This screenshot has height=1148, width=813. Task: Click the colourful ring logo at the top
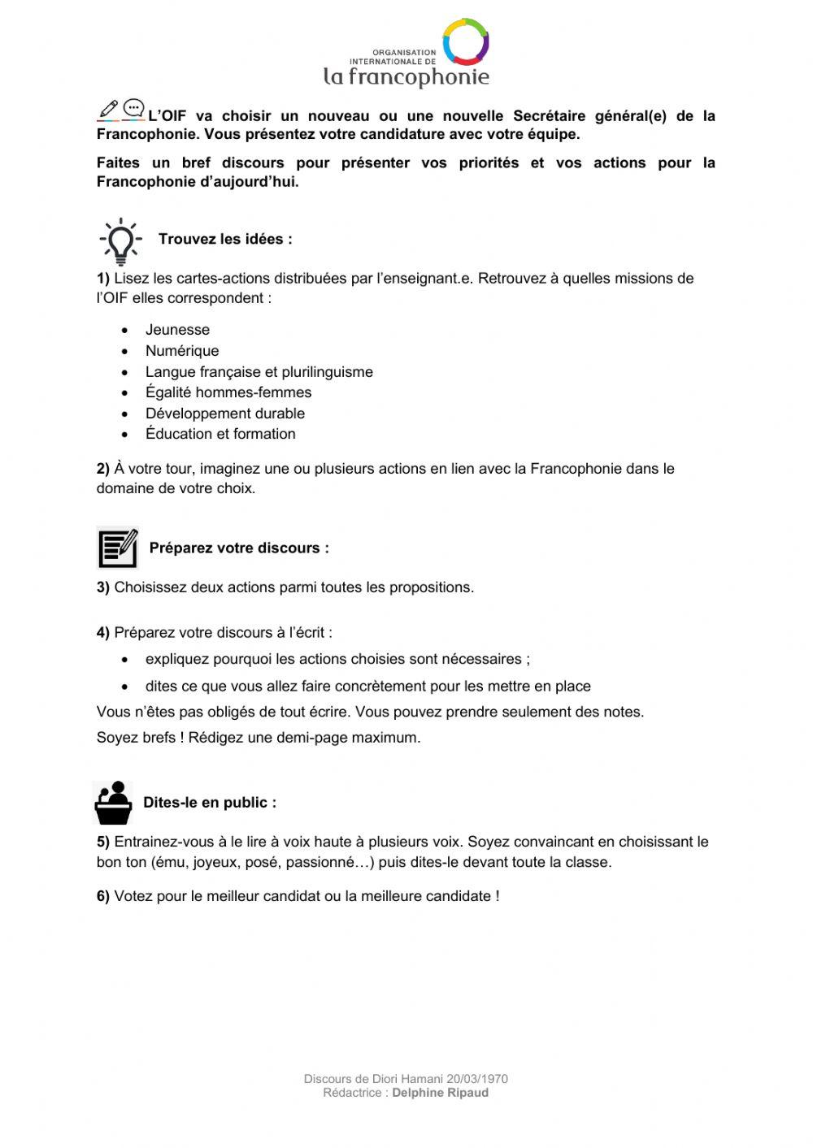pyautogui.click(x=465, y=41)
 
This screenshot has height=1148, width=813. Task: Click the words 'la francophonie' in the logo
pyautogui.click(x=406, y=76)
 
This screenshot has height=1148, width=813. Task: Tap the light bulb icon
pyautogui.click(x=120, y=240)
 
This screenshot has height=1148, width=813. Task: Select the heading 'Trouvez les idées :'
pyautogui.click(x=225, y=239)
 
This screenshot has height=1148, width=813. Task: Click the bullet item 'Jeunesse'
pyautogui.click(x=177, y=330)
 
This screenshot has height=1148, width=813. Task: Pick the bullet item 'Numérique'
pyautogui.click(x=182, y=351)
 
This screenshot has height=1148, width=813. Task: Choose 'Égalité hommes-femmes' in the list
pyautogui.click(x=228, y=392)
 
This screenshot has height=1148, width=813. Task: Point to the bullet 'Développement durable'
pyautogui.click(x=225, y=414)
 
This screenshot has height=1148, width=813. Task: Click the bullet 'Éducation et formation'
pyautogui.click(x=220, y=434)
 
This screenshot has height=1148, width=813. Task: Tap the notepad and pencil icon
pyautogui.click(x=118, y=548)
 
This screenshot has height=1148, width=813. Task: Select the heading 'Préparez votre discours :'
pyautogui.click(x=239, y=548)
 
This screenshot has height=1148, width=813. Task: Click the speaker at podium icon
pyautogui.click(x=113, y=803)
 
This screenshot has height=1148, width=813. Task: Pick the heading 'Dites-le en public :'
pyautogui.click(x=210, y=803)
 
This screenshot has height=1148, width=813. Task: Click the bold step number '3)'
pyautogui.click(x=103, y=587)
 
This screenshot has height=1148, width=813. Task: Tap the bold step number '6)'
pyautogui.click(x=103, y=896)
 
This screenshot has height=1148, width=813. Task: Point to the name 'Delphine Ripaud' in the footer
pyautogui.click(x=441, y=1093)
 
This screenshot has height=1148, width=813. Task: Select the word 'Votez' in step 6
pyautogui.click(x=133, y=896)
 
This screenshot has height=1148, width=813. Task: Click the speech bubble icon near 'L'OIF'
pyautogui.click(x=134, y=109)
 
